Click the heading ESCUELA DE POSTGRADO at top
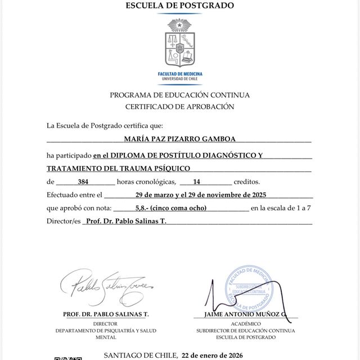[179, 6]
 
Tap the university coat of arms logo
[179, 44]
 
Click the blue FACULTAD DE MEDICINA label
[180, 74]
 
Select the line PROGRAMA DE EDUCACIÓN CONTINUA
[179, 95]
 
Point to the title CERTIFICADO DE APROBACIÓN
[179, 106]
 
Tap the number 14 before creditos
[196, 182]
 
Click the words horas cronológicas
[146, 182]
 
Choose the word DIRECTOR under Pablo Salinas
[105, 324]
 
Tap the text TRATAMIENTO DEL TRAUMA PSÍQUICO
[118, 168]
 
